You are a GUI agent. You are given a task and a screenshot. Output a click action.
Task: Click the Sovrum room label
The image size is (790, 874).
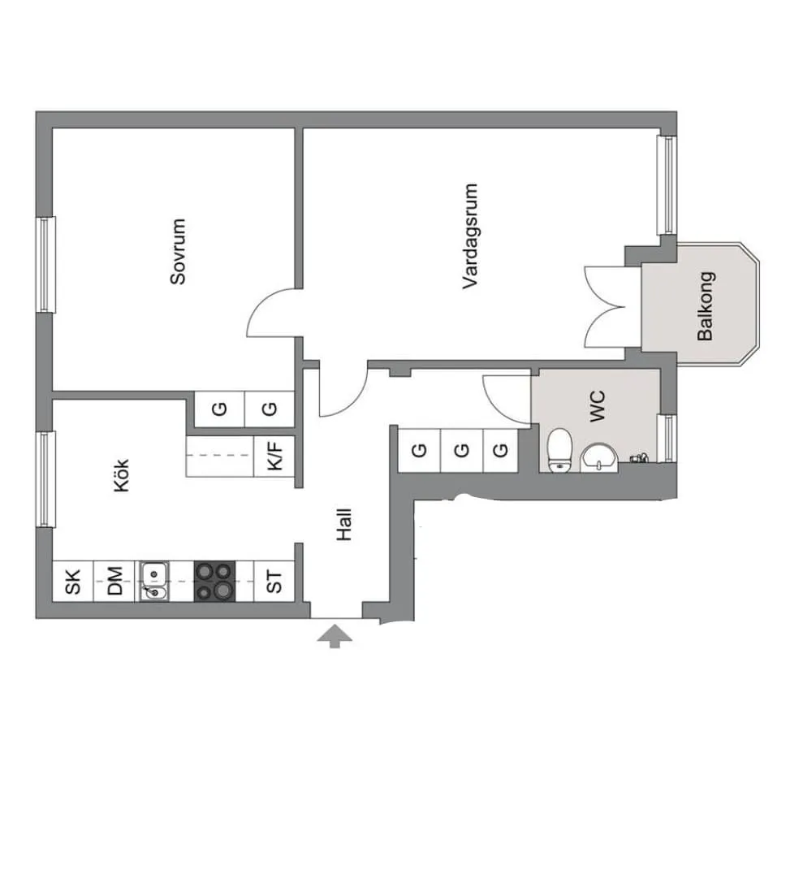(x=178, y=251)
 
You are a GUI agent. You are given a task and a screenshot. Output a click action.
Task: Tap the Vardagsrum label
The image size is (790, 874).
(x=470, y=236)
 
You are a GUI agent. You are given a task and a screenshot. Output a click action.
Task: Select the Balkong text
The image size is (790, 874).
(x=706, y=306)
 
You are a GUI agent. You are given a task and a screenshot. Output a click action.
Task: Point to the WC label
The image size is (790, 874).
(x=597, y=406)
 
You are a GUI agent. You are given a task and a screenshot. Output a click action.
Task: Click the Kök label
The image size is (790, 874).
(x=122, y=475)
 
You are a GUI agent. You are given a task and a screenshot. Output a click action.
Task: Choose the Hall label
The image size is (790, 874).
(x=344, y=525)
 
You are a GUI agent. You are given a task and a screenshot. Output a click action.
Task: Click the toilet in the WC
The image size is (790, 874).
(x=559, y=450)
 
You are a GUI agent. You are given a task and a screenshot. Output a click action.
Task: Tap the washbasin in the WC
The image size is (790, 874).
(x=599, y=458)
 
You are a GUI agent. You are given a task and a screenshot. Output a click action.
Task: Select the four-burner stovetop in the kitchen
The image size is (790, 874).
(x=214, y=581)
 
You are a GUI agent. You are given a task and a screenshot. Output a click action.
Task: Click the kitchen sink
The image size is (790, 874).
(x=153, y=581)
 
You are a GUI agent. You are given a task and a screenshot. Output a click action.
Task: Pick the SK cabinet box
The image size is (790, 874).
(x=73, y=581)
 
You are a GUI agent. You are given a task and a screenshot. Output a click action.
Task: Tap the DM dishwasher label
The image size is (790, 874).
(x=114, y=581)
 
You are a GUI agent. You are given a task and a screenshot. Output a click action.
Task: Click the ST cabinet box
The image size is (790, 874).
(x=274, y=581)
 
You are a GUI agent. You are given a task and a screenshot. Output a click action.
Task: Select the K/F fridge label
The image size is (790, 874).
(x=275, y=456)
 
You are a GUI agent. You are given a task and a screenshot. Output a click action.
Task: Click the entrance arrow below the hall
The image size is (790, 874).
(x=335, y=636)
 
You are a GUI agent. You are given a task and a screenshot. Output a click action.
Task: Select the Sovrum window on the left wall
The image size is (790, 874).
(x=45, y=264)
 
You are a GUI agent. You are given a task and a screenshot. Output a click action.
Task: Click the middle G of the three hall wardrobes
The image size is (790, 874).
(x=462, y=450)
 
